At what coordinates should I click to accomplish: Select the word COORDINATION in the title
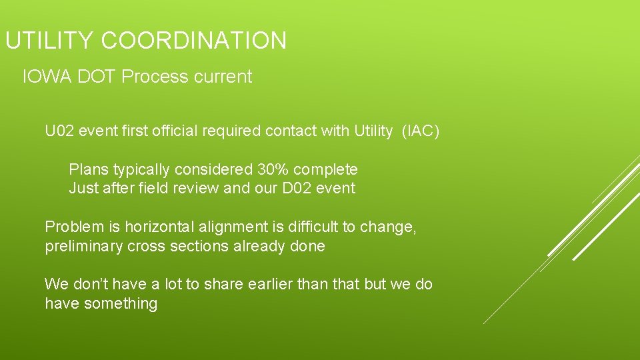point(194,41)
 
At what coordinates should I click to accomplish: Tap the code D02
point(301,188)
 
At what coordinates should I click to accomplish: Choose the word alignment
point(229,227)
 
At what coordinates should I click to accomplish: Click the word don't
point(90,284)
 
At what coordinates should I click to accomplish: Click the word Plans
point(89,169)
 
